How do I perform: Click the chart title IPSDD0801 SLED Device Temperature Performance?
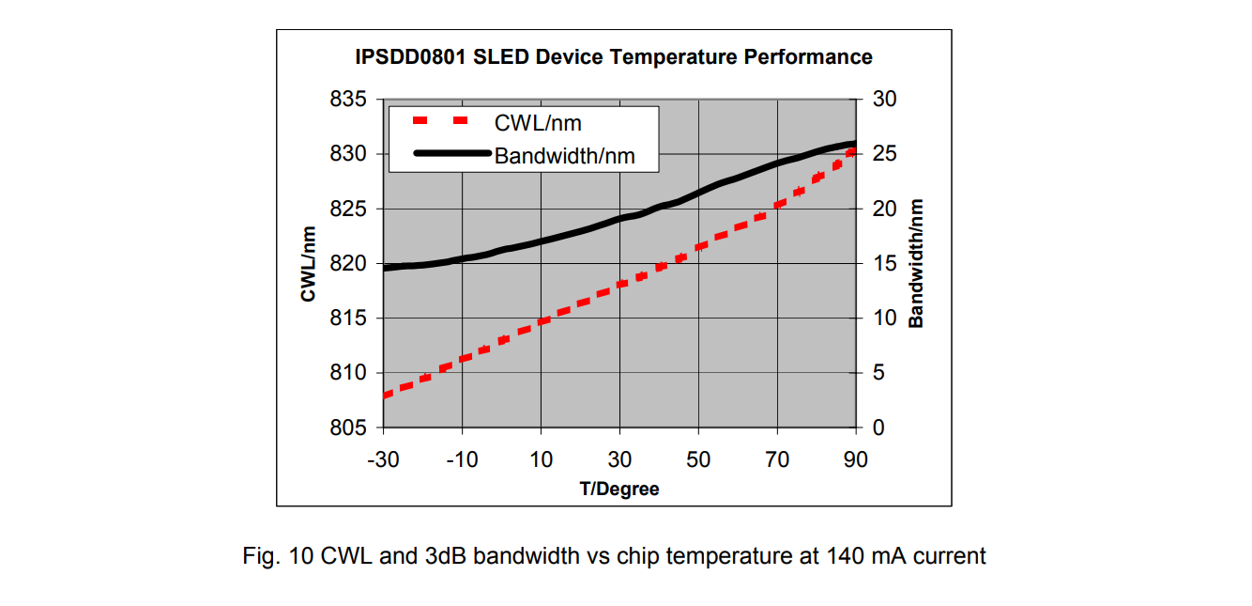pyautogui.click(x=614, y=57)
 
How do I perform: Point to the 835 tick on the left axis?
pyautogui.click(x=348, y=100)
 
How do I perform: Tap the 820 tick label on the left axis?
pyautogui.click(x=348, y=264)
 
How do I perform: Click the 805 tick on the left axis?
pyautogui.click(x=348, y=428)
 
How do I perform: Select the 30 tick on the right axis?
pyautogui.click(x=884, y=100)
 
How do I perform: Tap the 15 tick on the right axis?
pyautogui.click(x=884, y=264)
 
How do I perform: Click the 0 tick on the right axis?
pyautogui.click(x=878, y=428)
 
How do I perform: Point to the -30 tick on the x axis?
pyautogui.click(x=382, y=459)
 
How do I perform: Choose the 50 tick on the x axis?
pyautogui.click(x=697, y=459)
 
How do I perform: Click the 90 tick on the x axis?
pyautogui.click(x=855, y=459)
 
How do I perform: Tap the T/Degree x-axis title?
pyautogui.click(x=618, y=489)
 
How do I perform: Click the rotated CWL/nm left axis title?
pyautogui.click(x=308, y=264)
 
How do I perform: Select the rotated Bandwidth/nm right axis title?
pyautogui.click(x=916, y=263)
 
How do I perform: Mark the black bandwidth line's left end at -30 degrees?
pyautogui.click(x=385, y=269)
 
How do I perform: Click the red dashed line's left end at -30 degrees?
pyautogui.click(x=385, y=396)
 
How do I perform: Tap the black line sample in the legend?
pyautogui.click(x=451, y=154)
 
